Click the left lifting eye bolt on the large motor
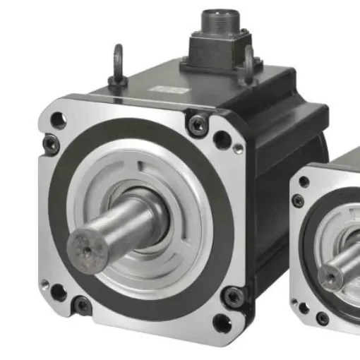117,64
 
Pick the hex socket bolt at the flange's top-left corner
51,144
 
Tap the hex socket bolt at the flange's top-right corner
197,125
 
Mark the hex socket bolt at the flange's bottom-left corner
83,306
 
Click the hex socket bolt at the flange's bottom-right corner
231,296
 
